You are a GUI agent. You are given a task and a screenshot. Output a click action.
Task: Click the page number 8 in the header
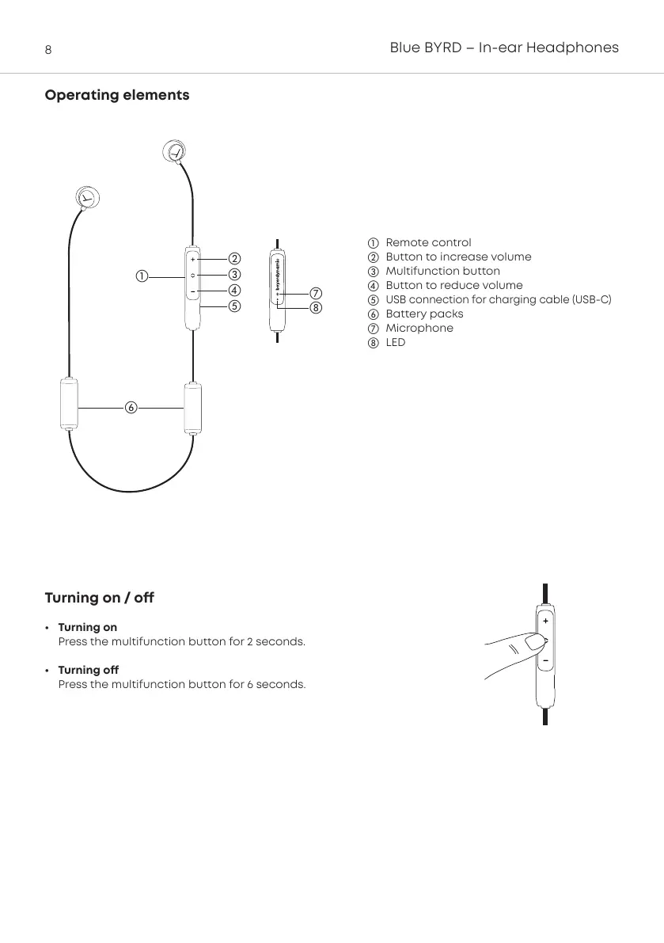coord(48,50)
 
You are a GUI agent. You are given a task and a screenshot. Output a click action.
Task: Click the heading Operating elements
coord(117,95)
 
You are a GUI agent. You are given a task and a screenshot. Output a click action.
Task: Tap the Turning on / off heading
coord(99,598)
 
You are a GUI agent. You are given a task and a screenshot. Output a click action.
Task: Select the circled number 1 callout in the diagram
coord(140,276)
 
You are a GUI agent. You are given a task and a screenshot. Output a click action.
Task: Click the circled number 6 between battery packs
coord(131,407)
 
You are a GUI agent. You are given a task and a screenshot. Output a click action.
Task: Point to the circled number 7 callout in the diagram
coord(315,294)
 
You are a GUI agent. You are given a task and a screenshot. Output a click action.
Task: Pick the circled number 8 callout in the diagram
coord(315,307)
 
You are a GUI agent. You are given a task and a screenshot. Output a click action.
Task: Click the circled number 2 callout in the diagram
coord(234,258)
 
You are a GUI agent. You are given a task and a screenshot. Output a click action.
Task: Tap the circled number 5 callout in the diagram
coord(234,305)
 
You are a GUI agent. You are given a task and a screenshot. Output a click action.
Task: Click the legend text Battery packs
coord(424,314)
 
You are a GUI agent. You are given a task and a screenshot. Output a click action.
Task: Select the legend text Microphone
coord(419,328)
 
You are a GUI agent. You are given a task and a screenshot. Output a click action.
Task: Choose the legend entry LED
coord(395,342)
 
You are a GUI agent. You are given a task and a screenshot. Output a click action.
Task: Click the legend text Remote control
coord(428,242)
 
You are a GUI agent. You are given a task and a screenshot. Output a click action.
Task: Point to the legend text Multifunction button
coord(442,271)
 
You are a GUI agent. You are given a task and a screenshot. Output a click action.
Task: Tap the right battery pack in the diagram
coord(194,407)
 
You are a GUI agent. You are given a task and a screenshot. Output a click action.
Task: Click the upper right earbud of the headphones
coord(174,150)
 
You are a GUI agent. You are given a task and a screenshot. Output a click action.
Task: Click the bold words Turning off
coord(88,670)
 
